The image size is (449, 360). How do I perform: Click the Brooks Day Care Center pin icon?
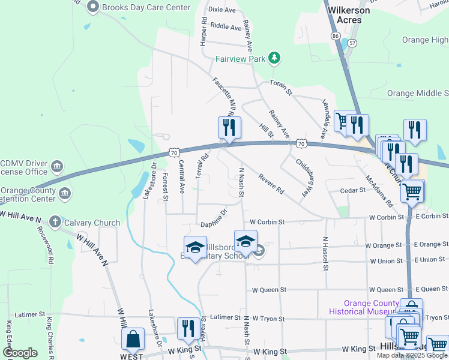point(92,7)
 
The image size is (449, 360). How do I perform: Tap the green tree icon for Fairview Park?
point(274,58)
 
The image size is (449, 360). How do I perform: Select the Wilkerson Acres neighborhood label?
point(345,15)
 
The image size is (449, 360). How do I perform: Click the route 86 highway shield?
point(335,37)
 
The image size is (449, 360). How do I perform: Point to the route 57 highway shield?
point(352,43)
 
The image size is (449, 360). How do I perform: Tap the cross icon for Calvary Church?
point(55,222)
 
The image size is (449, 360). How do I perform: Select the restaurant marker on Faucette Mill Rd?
point(229,128)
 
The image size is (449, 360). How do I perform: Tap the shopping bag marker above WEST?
point(133,339)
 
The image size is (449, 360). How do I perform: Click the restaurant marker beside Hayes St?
point(188,329)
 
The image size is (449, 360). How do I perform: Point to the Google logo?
point(20,352)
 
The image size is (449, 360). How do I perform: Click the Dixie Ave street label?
point(221,10)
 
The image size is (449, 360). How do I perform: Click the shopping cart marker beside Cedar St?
point(412,192)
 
